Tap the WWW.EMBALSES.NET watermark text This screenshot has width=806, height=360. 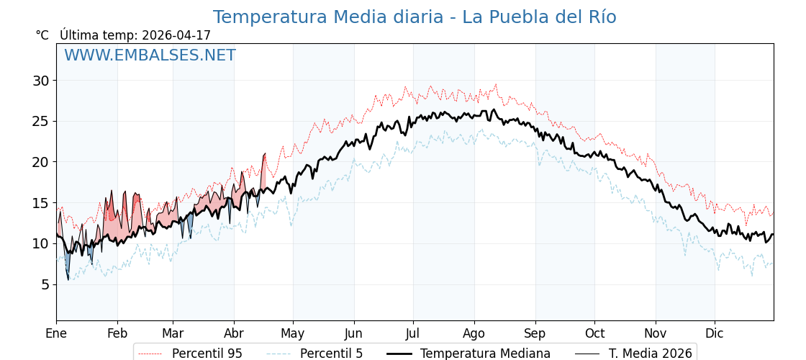point(150,55)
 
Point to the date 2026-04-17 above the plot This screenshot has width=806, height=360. point(176,35)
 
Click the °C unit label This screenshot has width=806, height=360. point(42,35)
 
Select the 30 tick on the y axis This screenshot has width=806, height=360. point(40,81)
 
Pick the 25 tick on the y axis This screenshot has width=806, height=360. point(40,121)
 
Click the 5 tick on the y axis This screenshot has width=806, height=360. point(45,284)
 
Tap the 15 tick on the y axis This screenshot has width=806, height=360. point(40,203)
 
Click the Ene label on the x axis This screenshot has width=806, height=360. point(56,333)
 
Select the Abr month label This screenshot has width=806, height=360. point(234,333)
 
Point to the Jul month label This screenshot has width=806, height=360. point(413,333)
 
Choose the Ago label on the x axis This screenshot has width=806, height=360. point(474,333)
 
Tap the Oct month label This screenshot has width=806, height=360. point(594,333)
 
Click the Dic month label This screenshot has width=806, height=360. point(715,333)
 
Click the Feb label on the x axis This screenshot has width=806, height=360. point(117,333)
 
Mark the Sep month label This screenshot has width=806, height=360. point(535,333)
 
